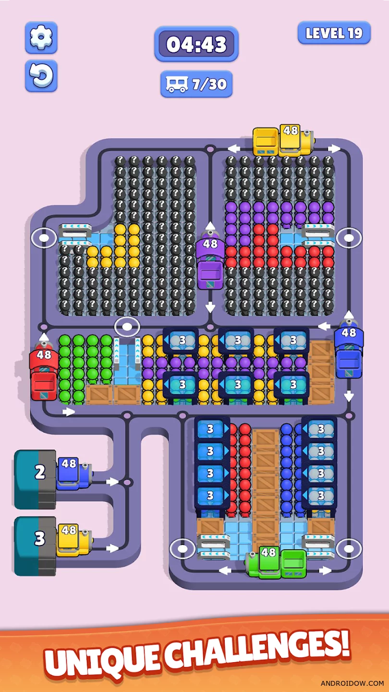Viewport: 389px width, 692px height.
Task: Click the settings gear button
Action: tap(41, 37)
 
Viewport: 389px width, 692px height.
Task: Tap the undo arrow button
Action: tap(41, 75)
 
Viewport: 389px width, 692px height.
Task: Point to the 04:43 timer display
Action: tap(196, 44)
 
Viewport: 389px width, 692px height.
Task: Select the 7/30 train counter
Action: tap(196, 84)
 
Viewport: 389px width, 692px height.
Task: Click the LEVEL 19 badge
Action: tap(334, 33)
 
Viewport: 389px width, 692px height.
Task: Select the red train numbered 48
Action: tap(44, 374)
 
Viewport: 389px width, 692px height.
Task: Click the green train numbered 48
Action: tap(277, 562)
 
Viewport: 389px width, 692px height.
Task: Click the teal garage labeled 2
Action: tap(35, 479)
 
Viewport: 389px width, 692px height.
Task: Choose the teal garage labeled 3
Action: tap(35, 546)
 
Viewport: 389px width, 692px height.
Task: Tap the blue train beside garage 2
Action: tap(73, 473)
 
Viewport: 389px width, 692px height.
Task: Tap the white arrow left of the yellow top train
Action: tap(234, 148)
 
